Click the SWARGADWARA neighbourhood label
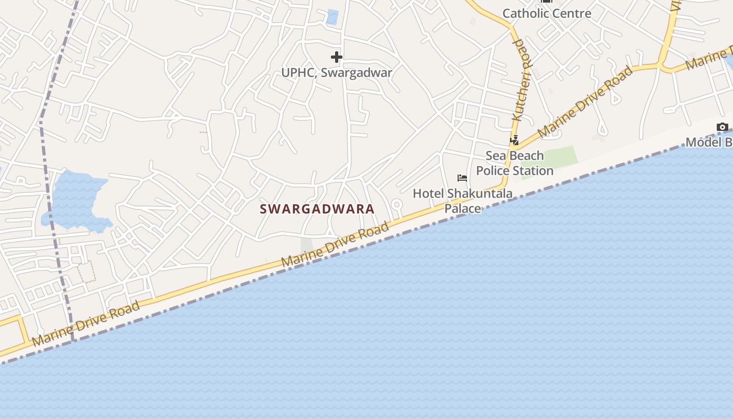pyautogui.click(x=317, y=209)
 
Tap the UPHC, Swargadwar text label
pyautogui.click(x=337, y=73)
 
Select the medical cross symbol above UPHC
pyautogui.click(x=337, y=57)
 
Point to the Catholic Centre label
pyautogui.click(x=547, y=13)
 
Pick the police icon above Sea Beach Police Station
pyautogui.click(x=515, y=140)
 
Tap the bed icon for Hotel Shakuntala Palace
pyautogui.click(x=462, y=178)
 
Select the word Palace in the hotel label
pyautogui.click(x=463, y=208)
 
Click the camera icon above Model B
pyautogui.click(x=723, y=127)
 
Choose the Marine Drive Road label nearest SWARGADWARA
pyautogui.click(x=335, y=244)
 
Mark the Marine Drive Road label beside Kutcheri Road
pyautogui.click(x=585, y=102)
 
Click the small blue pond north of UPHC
pyautogui.click(x=332, y=17)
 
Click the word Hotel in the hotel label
pyautogui.click(x=425, y=194)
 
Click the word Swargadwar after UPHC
pyautogui.click(x=356, y=73)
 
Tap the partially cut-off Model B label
pyautogui.click(x=709, y=142)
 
